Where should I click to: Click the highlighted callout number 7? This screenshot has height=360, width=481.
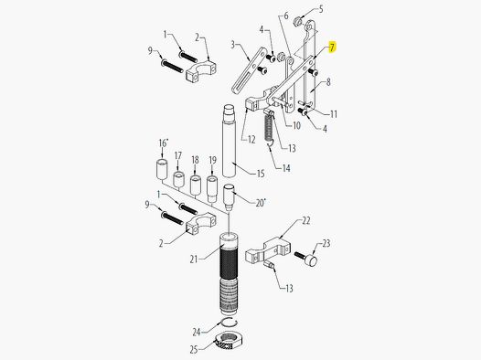click(x=332, y=47)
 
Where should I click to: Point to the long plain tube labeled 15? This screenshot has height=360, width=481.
click(x=228, y=145)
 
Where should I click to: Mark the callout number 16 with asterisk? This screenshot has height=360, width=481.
click(x=163, y=143)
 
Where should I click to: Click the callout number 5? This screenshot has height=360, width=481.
click(x=320, y=9)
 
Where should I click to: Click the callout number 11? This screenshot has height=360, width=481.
click(x=334, y=114)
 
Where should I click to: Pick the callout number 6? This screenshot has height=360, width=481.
click(x=285, y=16)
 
